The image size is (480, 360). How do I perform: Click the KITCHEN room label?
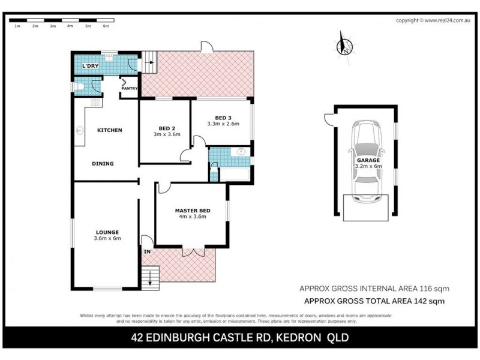tap(110, 130)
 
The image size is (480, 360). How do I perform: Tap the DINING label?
tap(103, 163)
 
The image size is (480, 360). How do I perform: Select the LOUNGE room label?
tap(107, 232)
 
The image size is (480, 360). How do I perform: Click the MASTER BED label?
tap(192, 210)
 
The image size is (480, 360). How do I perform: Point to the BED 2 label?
tap(167, 128)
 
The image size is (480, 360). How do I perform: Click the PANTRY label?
tap(130, 89)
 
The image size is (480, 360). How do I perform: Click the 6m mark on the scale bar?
tap(106, 26)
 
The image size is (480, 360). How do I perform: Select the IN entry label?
tap(146, 251)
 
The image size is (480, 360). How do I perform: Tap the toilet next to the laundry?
tap(81, 88)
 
